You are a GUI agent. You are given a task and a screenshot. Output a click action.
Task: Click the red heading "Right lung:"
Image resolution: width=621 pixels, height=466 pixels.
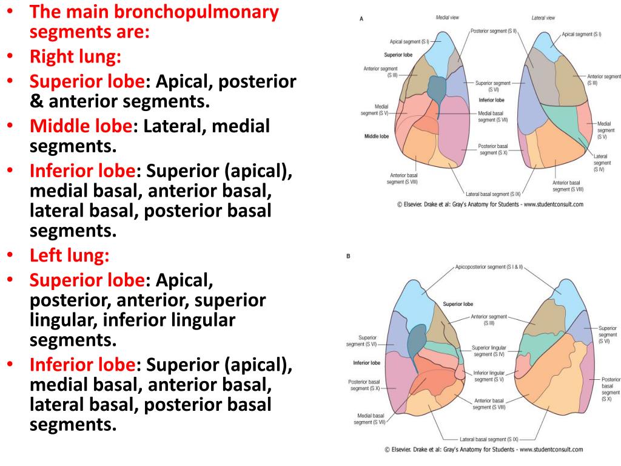point(75,56)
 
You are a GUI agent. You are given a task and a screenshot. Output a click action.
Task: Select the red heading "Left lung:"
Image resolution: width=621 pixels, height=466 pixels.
point(70,255)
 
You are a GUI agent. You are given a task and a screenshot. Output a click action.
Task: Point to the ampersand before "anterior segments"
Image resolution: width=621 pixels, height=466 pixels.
point(36,100)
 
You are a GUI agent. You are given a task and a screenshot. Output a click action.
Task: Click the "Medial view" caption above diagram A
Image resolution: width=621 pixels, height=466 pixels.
point(447,18)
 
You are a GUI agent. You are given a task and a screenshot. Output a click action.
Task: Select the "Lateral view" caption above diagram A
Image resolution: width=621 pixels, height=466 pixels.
point(543,18)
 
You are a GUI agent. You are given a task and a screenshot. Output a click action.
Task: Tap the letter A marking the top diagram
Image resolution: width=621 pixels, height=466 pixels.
point(361,19)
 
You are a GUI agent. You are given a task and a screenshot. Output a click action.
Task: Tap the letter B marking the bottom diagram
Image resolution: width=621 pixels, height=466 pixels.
point(348,256)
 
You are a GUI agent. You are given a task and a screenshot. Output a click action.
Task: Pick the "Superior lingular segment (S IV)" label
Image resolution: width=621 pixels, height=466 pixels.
point(489,351)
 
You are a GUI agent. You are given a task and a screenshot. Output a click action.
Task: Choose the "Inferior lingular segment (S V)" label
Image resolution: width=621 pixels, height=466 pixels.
point(489,376)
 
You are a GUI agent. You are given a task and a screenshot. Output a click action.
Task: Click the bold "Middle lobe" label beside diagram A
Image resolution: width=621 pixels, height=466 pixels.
point(377,137)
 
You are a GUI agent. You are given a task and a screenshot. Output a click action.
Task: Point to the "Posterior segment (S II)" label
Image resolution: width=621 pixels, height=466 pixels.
point(494,30)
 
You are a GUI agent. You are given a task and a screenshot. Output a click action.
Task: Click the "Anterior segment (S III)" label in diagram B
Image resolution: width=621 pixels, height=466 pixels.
point(489,319)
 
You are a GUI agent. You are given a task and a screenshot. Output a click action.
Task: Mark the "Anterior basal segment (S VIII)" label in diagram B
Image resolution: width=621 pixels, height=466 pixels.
point(489,404)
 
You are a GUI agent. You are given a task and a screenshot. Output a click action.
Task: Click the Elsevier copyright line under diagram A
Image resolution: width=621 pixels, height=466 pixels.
point(490,204)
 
